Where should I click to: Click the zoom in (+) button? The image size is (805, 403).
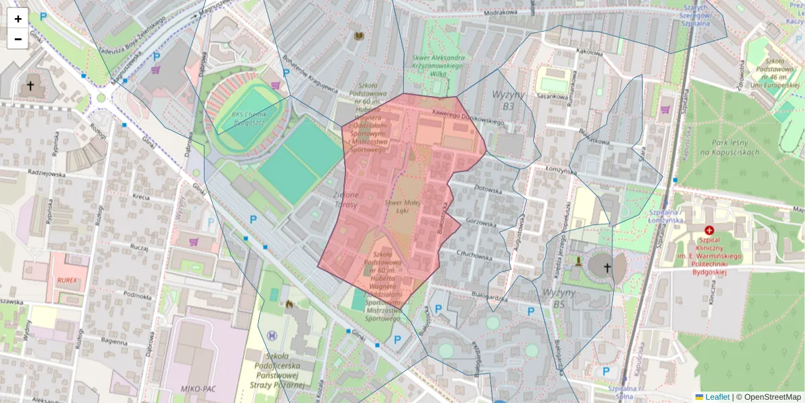[x=18, y=19]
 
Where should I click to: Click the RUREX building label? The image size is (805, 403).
[x=67, y=279]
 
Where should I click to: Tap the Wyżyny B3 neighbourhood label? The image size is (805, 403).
[x=507, y=100]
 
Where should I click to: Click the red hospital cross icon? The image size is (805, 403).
[x=709, y=230]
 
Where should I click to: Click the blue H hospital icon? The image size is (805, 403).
[x=272, y=335]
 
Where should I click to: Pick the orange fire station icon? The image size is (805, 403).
[x=289, y=304]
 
